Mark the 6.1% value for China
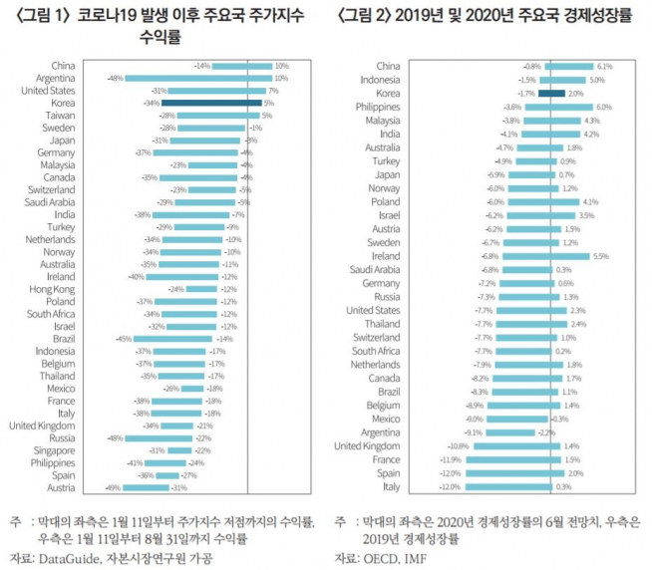(604, 67)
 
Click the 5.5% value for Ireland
(600, 256)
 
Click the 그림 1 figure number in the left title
(39, 15)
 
